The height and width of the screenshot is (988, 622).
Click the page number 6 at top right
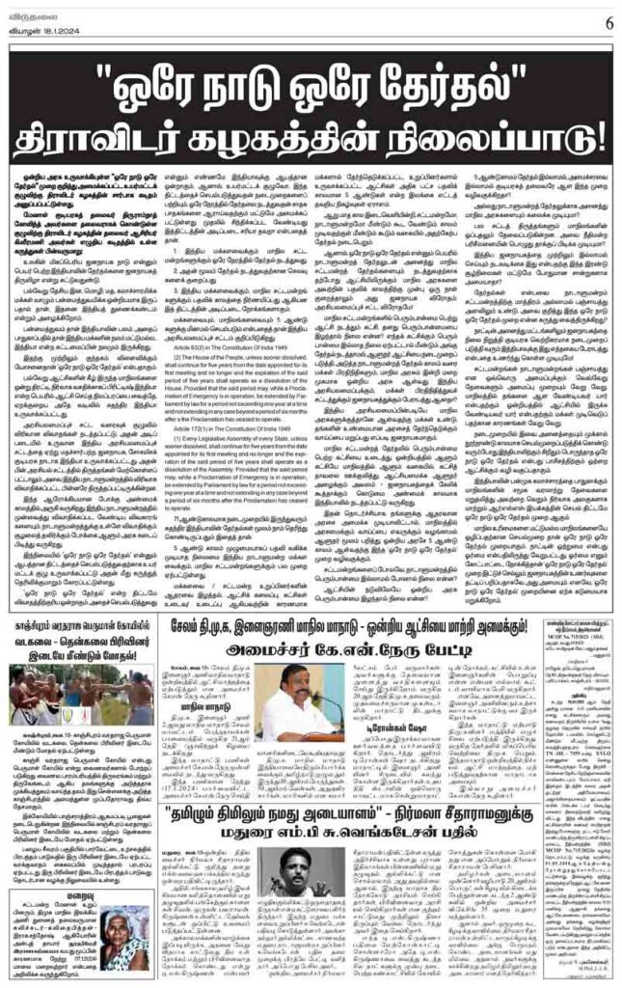tap(608, 21)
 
